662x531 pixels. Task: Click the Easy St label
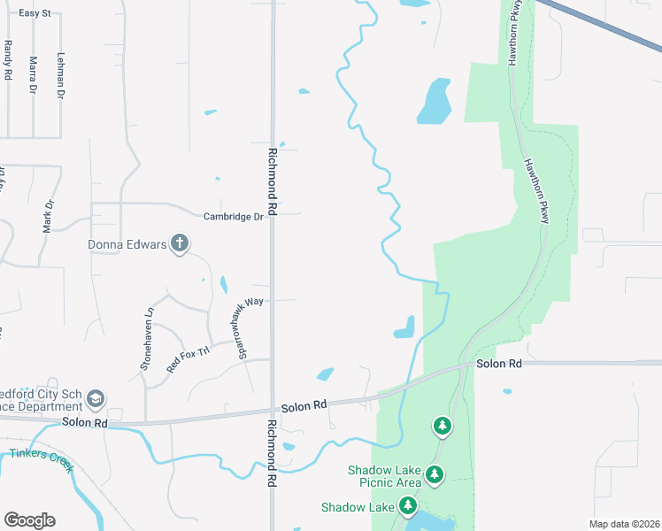35,14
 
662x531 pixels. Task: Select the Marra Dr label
34,75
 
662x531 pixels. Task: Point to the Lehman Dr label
61,75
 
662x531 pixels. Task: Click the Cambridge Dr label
234,216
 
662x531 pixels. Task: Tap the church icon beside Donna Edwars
180,244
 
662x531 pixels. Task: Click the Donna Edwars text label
127,244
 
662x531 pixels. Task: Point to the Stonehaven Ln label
149,337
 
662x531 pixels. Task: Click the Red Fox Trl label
188,358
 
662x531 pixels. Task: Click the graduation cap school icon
96,400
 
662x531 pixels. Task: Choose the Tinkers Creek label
41,460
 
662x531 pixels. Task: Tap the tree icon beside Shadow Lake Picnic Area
435,475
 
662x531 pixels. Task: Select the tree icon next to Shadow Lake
408,506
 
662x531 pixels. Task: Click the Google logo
29,520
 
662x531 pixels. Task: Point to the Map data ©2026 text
623,524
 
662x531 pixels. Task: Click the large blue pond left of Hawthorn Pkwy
434,101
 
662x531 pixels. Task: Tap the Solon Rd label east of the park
498,364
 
